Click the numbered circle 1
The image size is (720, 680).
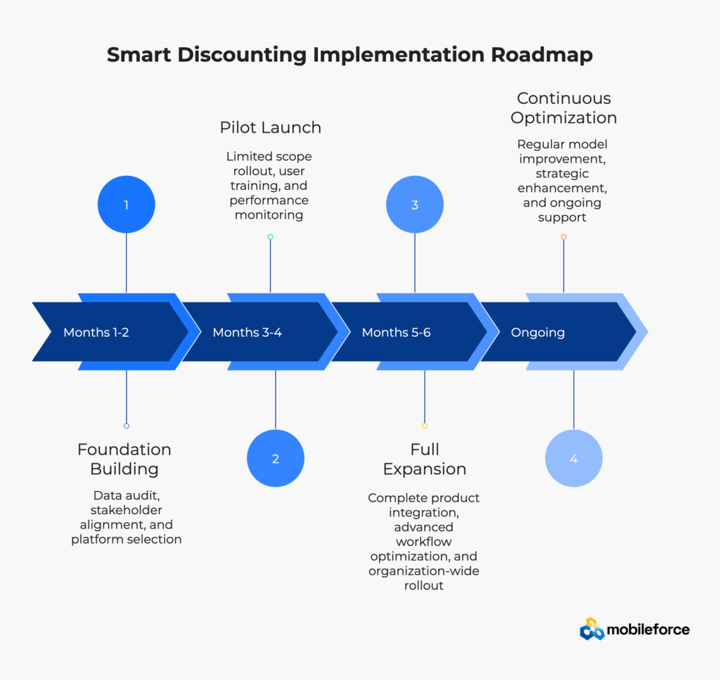[127, 205]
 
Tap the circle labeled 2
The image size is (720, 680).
[276, 458]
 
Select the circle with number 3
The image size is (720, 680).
[415, 205]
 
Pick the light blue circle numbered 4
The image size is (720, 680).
[574, 458]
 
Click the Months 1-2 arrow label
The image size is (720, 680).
[96, 333]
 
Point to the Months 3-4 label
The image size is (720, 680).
[247, 333]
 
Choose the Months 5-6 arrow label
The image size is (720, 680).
[396, 333]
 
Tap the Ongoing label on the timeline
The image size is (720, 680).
[538, 333]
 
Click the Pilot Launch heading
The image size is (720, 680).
[271, 127]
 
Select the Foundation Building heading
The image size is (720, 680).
[124, 459]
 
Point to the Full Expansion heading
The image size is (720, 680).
[425, 459]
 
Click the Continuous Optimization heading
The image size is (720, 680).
[564, 108]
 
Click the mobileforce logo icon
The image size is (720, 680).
[592, 629]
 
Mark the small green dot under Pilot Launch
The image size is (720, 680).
[270, 237]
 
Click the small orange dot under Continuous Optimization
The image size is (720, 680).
[564, 237]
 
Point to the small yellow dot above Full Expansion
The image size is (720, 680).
[425, 425]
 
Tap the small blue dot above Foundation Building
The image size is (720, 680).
[127, 425]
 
